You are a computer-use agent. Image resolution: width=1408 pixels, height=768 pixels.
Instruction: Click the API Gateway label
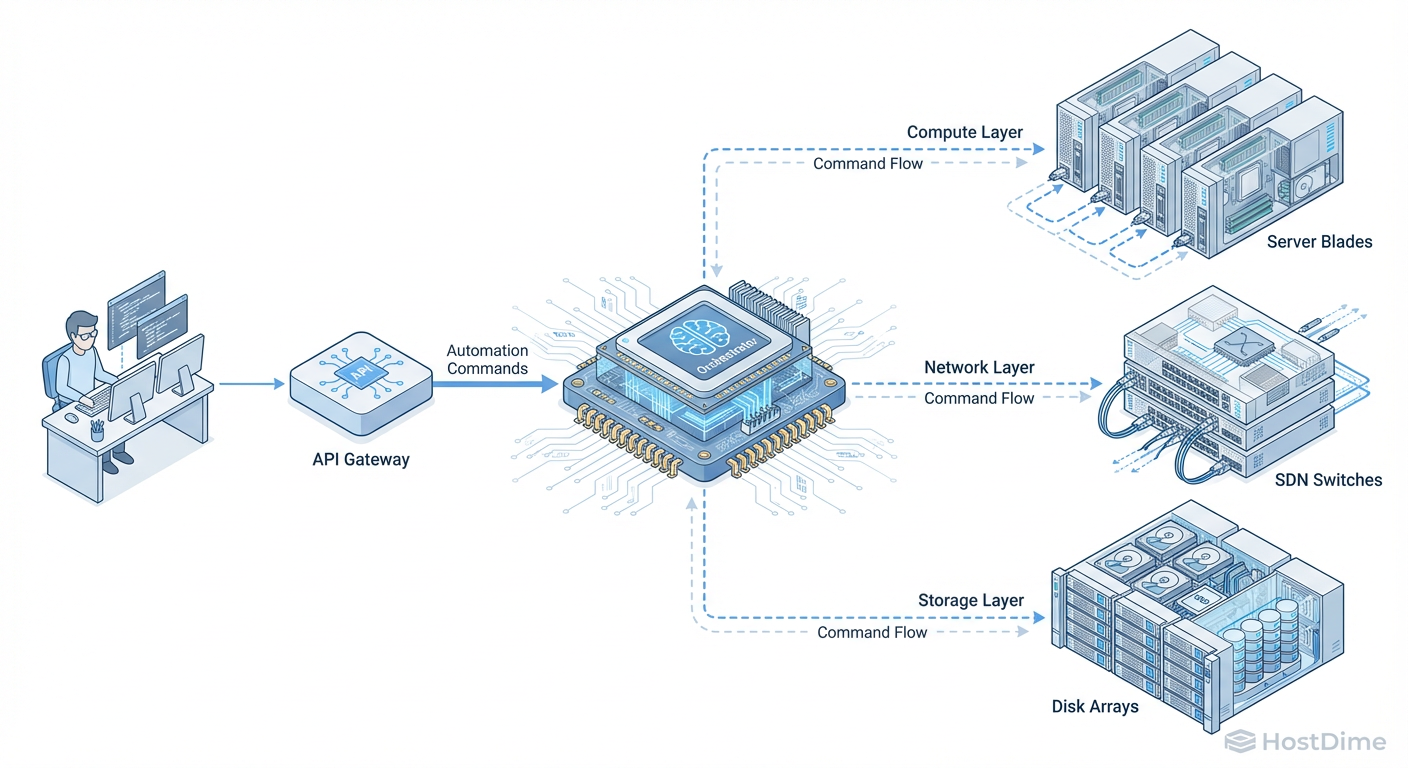(x=361, y=460)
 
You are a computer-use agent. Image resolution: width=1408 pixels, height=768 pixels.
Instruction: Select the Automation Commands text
(x=487, y=359)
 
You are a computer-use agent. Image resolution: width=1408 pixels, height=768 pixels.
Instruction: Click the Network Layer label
(x=979, y=367)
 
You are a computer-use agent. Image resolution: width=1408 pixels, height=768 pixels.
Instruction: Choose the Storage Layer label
(x=970, y=600)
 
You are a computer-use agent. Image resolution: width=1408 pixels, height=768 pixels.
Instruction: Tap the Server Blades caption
(x=1319, y=241)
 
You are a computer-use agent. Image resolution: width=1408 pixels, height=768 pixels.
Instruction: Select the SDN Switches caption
(x=1328, y=480)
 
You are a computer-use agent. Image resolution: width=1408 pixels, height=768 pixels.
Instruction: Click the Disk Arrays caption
(x=1095, y=706)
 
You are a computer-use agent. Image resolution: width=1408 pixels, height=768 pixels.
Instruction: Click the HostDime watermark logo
(x=1305, y=741)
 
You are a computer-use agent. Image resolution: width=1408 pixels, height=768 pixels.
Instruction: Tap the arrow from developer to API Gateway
(x=250, y=383)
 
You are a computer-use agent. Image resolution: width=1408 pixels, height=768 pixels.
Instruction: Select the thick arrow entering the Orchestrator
(x=495, y=383)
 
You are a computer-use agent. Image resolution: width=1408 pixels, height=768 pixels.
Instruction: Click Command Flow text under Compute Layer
(x=867, y=163)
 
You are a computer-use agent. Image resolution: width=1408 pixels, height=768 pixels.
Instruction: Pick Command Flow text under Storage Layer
(x=872, y=632)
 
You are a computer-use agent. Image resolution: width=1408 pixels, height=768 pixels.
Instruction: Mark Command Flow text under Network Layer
(x=978, y=398)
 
